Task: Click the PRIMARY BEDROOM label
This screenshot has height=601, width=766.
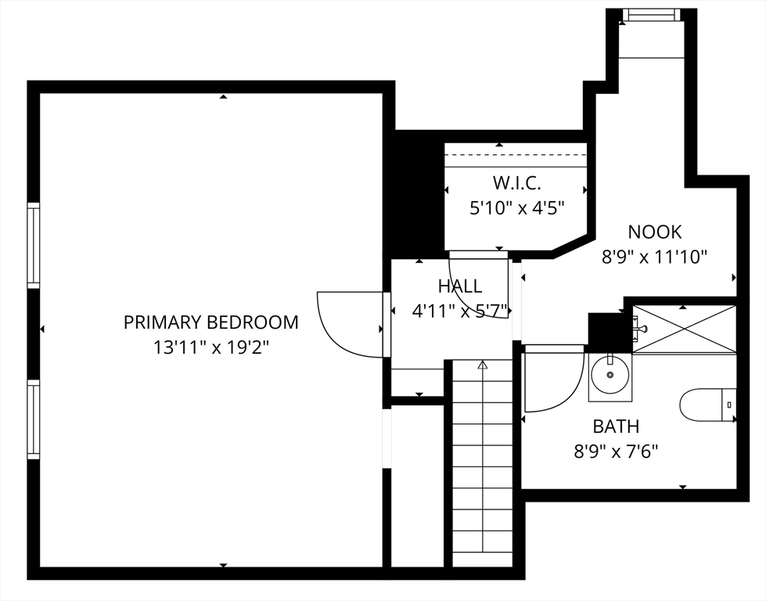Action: (210, 322)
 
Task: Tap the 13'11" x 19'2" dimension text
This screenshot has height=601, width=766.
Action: (211, 348)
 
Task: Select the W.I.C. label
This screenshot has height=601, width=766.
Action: (516, 183)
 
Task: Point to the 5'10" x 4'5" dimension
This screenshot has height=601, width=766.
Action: (517, 208)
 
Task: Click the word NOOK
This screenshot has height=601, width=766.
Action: (655, 232)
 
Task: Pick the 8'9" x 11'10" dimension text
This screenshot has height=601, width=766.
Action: (655, 257)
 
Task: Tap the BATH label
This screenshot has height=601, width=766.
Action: (616, 426)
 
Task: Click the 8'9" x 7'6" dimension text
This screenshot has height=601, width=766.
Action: (616, 452)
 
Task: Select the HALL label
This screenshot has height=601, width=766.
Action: (460, 286)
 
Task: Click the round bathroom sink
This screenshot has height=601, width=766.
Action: (610, 375)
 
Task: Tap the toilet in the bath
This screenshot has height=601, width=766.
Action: (708, 405)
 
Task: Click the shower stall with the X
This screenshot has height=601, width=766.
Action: (685, 329)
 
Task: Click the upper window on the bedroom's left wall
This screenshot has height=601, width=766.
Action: (33, 245)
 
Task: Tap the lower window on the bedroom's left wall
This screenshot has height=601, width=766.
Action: (33, 419)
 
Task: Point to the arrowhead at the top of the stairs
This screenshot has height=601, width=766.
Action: (483, 365)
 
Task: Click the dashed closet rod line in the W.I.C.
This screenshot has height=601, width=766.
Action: (516, 155)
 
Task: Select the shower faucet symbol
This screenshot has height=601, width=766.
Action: (641, 329)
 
